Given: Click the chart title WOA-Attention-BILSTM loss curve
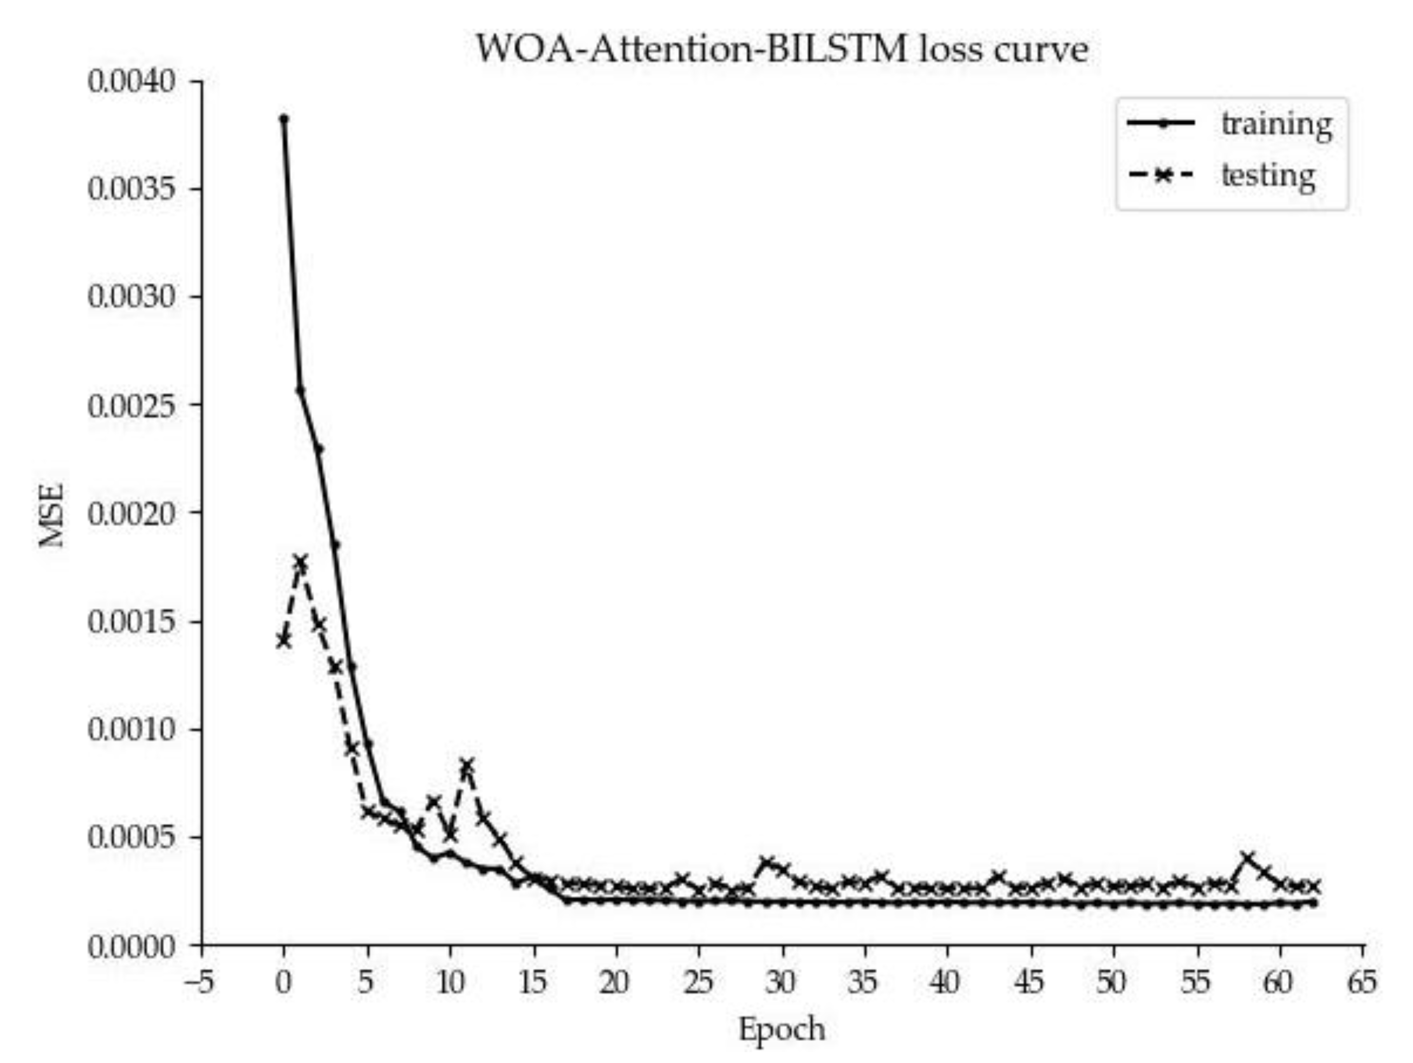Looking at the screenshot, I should coord(782,50).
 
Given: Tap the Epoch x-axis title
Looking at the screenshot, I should coord(782,1029).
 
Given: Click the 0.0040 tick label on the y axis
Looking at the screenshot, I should coord(131,82).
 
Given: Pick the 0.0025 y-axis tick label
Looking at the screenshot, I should coord(131,406).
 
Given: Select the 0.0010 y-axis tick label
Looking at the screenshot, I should coord(131,729).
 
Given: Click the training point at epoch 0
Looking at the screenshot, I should coord(284,118).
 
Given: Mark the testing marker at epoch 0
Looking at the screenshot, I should coord(284,640).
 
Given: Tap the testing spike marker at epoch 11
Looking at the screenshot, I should coord(467,764).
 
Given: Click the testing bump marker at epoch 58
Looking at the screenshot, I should coord(1247,857).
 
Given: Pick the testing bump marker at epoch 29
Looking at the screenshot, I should coord(766,863).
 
